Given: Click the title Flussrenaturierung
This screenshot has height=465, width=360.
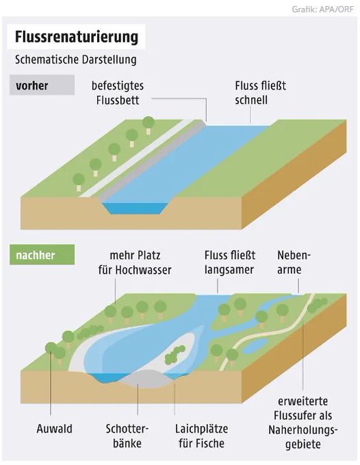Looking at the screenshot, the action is (x=77, y=37).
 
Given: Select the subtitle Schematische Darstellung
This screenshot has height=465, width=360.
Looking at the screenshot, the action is (x=76, y=59).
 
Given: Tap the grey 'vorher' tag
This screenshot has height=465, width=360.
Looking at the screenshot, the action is (x=42, y=85).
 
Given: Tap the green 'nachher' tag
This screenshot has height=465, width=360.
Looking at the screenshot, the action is (x=42, y=255).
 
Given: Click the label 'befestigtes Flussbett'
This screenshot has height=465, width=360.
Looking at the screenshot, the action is (x=118, y=93).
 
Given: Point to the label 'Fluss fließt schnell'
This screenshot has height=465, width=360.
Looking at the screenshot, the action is (x=260, y=93).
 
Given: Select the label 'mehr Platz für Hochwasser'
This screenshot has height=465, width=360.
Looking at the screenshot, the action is (x=135, y=263).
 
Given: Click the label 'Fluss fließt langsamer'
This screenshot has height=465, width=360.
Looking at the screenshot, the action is (x=230, y=263).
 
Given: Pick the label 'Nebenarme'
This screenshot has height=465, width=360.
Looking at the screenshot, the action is (x=294, y=263).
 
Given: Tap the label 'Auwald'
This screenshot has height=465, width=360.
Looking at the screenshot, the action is (x=54, y=429).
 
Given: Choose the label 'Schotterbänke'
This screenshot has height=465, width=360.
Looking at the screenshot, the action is (x=127, y=436).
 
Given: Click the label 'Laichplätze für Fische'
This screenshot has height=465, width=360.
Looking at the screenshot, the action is (x=201, y=436).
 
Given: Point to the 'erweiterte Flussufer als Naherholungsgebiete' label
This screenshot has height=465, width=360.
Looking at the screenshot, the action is (x=303, y=423).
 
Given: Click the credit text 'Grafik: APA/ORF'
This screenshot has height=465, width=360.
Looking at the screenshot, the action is (x=322, y=9).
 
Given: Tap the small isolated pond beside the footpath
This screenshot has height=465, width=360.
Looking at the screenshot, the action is (x=255, y=346).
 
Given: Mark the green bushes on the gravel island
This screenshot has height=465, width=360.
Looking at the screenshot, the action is (x=175, y=354).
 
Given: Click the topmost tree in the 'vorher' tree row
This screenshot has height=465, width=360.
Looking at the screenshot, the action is (x=148, y=125).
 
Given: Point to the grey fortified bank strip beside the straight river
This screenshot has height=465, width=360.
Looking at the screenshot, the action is (x=151, y=161).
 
